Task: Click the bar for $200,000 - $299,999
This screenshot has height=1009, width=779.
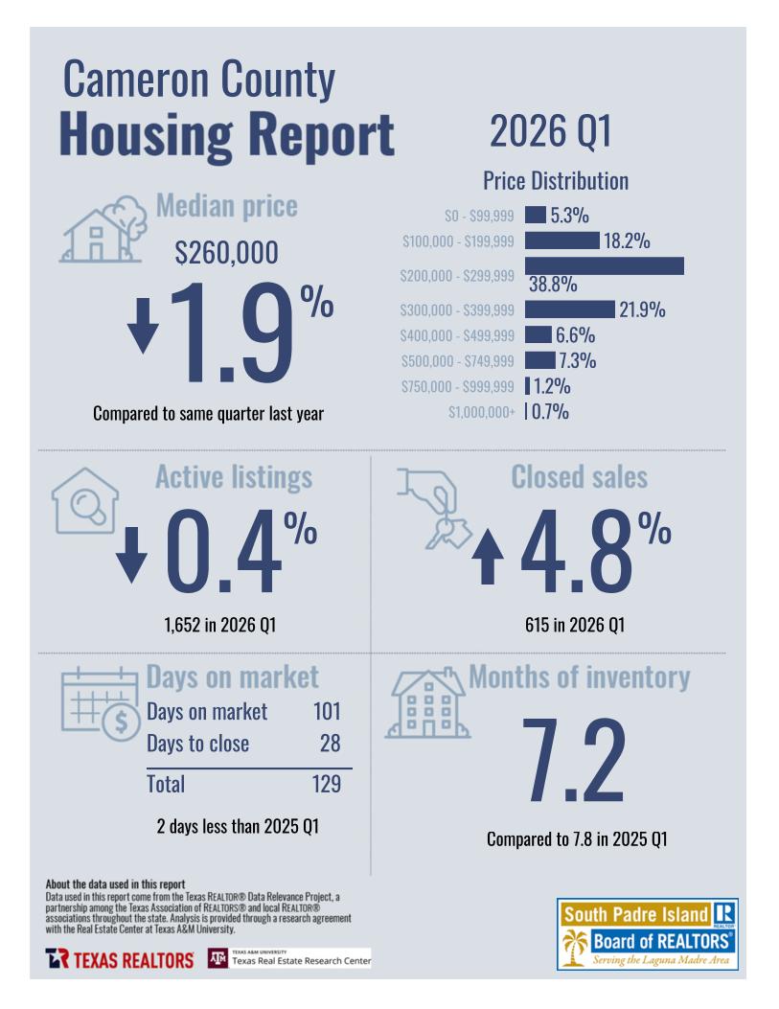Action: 604,265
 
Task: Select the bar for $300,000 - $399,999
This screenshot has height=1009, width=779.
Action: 569,310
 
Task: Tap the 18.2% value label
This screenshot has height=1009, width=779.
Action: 627,241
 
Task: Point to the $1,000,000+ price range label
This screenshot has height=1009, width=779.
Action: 481,413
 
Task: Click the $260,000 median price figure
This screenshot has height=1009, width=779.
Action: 227,253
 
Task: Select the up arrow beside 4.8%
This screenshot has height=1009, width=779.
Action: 489,558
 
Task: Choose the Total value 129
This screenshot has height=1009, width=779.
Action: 326,784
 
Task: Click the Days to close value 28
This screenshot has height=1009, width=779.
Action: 330,744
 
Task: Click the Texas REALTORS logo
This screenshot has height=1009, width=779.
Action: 119,959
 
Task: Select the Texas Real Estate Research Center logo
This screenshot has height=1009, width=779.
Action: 289,959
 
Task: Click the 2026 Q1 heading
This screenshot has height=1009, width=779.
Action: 550,131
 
